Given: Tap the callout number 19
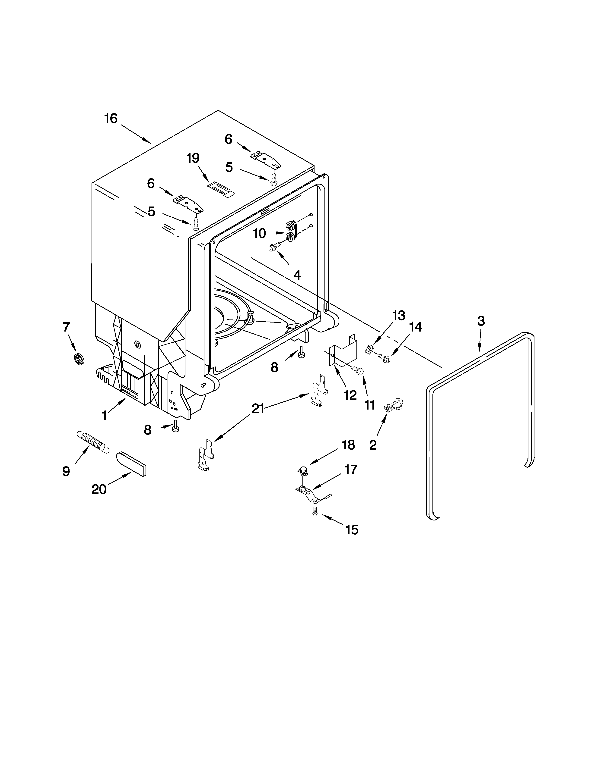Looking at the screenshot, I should (193, 158).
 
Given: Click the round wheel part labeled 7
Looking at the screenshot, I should (79, 359).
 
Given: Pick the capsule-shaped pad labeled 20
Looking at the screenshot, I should (131, 463).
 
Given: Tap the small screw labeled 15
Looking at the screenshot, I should (315, 512).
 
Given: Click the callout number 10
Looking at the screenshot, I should (259, 233).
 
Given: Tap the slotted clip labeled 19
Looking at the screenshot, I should (221, 189).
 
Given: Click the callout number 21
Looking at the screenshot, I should (258, 409).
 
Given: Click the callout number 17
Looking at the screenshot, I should (350, 470).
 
